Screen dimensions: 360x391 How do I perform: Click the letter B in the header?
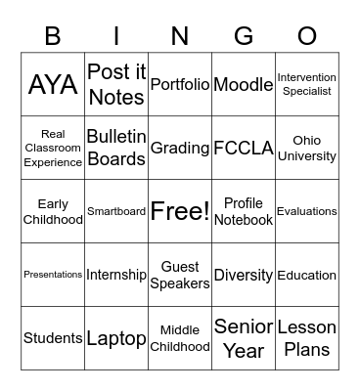point(53,36)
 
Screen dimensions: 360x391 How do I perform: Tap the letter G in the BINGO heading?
point(244,36)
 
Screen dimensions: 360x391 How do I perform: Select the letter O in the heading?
point(307,36)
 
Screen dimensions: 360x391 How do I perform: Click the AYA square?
point(53,84)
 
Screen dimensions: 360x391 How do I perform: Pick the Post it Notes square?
point(116,84)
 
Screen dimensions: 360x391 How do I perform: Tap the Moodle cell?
point(244,84)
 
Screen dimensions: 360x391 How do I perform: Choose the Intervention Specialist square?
point(307,84)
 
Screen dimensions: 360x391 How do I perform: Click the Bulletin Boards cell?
point(116,148)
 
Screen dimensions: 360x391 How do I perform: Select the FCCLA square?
point(244,148)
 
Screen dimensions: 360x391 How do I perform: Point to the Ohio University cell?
point(307,148)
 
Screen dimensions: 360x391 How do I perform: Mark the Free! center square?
point(180,211)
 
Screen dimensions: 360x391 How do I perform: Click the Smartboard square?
point(116,211)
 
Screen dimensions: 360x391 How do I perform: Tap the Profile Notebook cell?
point(244,211)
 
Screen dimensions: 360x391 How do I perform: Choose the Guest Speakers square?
point(180,275)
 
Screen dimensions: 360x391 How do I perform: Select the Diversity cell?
point(244,275)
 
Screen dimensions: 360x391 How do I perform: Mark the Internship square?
point(116,275)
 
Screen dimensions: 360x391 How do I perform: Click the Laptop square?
point(116,338)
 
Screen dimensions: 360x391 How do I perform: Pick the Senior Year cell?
point(244,338)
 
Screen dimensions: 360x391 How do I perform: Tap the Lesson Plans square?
point(307,338)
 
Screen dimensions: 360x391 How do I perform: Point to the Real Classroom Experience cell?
point(53,148)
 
